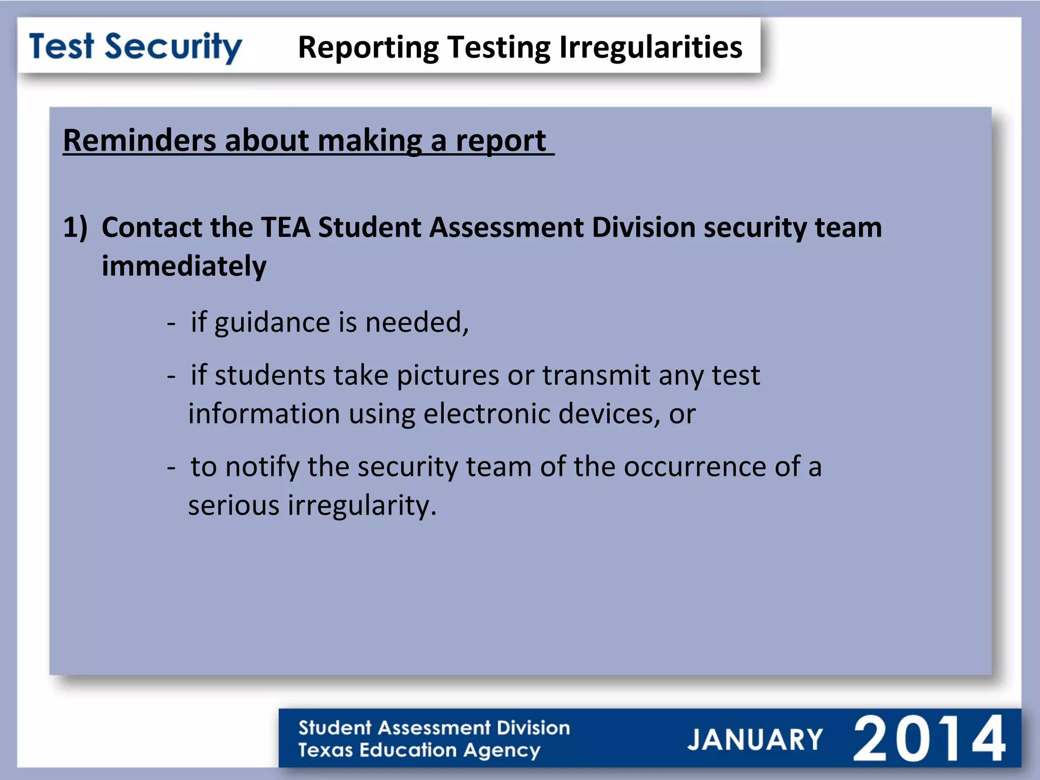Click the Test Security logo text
(x=136, y=47)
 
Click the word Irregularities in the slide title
(x=651, y=47)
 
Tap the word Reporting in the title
(x=368, y=48)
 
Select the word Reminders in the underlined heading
(x=139, y=140)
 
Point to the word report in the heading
(x=500, y=141)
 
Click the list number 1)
(x=75, y=227)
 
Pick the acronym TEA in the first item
(x=285, y=227)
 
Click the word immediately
(x=184, y=266)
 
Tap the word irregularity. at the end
(x=362, y=506)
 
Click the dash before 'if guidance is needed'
(x=172, y=323)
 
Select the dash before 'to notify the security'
(x=172, y=467)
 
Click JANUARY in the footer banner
(x=755, y=739)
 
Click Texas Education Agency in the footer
(x=419, y=751)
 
